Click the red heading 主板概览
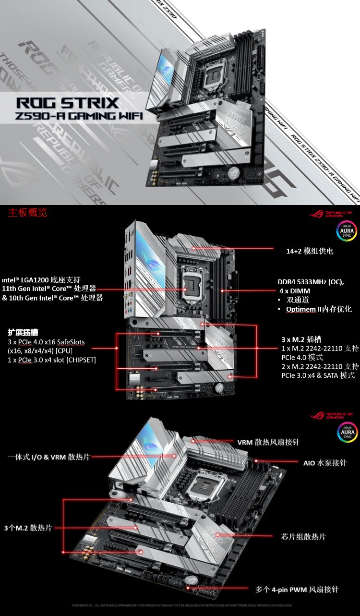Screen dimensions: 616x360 (x=28, y=213)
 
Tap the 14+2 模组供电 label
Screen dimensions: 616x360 (x=310, y=251)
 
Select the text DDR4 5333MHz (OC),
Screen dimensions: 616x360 (x=311, y=282)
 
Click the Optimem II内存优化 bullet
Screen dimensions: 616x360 (x=319, y=309)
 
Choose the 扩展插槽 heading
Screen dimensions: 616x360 (x=23, y=332)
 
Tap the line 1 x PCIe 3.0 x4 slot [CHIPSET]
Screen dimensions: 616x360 (x=52, y=360)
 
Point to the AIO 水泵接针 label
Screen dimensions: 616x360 (x=324, y=463)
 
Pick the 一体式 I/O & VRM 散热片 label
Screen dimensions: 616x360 (x=48, y=457)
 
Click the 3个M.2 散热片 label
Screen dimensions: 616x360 (x=27, y=528)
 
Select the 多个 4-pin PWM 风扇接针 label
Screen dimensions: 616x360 (x=297, y=589)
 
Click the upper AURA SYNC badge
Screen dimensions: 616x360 (x=346, y=230)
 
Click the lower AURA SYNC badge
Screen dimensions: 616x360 (x=346, y=432)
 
